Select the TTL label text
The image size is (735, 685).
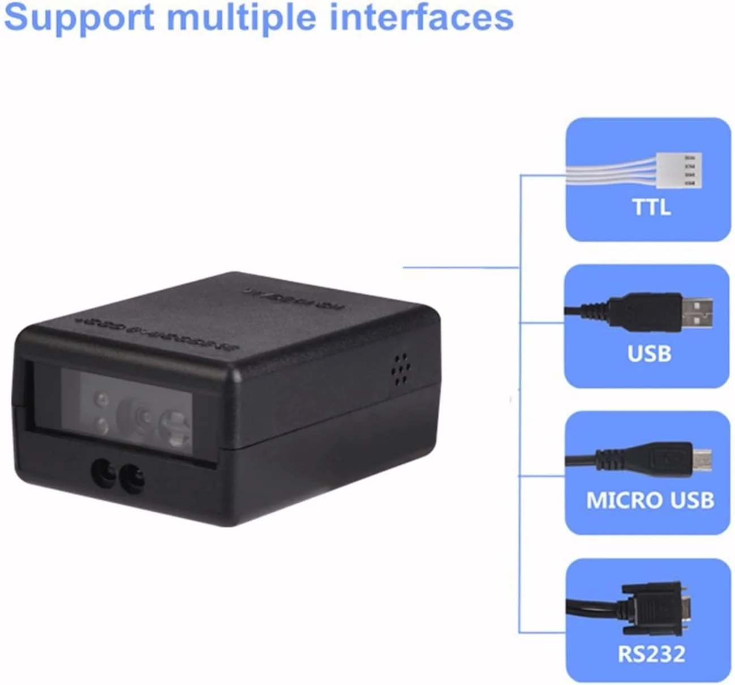651,207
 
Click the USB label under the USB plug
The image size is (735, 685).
649,353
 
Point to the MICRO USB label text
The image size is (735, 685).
650,500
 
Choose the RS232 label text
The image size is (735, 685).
651,654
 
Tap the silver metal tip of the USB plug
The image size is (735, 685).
697,313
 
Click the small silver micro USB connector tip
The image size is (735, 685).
702,460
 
